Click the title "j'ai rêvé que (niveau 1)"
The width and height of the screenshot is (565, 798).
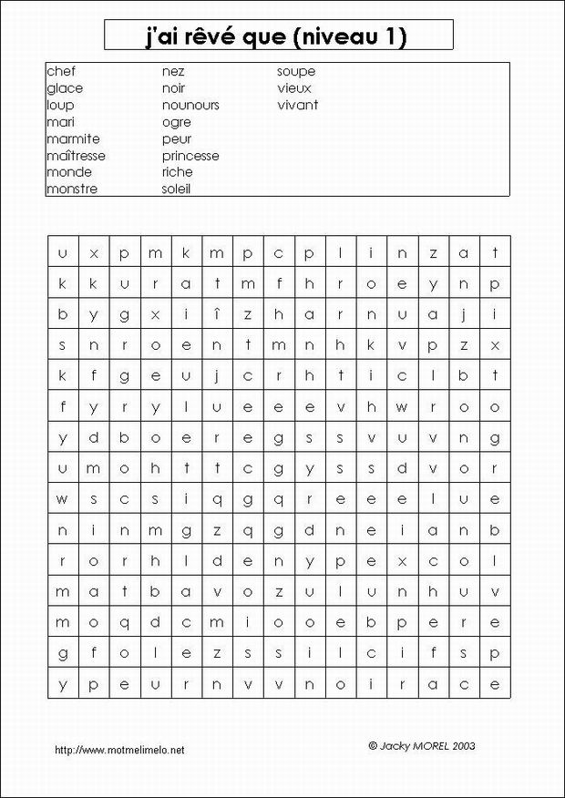coord(278,36)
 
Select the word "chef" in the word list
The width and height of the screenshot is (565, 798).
coord(60,71)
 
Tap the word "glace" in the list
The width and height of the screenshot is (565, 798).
coord(65,88)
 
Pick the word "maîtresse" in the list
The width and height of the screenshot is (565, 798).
coord(76,156)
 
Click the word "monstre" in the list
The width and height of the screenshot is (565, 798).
coord(72,189)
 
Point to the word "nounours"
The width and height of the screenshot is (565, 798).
coord(190,106)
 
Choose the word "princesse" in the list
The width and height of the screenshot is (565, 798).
coord(190,156)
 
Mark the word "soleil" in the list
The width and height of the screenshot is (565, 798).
coord(177,189)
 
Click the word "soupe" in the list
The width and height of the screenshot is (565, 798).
coord(296,71)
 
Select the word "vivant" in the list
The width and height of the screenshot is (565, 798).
coord(298,106)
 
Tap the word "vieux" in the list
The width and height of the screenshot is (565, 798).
coord(294,88)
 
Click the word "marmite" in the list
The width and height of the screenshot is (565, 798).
coord(73,139)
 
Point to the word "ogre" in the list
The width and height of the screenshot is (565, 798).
coord(177,122)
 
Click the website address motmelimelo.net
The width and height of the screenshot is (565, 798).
coord(119,750)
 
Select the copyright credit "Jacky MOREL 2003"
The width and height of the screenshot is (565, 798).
coord(422,745)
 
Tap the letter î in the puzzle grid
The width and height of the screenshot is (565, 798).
coord(216,314)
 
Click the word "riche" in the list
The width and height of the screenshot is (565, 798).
coord(178,172)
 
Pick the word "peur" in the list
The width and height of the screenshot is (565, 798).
coord(177,139)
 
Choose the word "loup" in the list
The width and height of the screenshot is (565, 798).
coord(60,106)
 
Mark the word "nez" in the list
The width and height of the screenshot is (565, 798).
coord(173,71)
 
